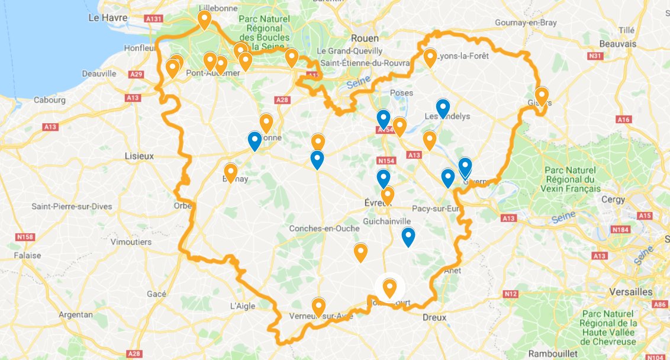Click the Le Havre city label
click(x=108, y=18)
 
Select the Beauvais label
click(x=617, y=44)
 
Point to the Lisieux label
click(x=139, y=156)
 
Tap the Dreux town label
click(x=434, y=317)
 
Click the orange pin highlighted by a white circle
click(x=389, y=287)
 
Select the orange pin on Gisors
click(x=541, y=95)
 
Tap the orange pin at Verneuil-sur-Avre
click(x=318, y=306)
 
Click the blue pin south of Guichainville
click(x=408, y=236)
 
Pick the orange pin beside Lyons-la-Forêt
click(x=430, y=57)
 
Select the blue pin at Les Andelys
click(x=442, y=107)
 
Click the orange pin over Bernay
click(x=230, y=172)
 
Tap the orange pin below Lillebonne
click(x=204, y=19)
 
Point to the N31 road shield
click(x=595, y=56)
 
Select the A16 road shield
click(x=623, y=120)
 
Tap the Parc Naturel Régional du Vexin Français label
click(x=572, y=179)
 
